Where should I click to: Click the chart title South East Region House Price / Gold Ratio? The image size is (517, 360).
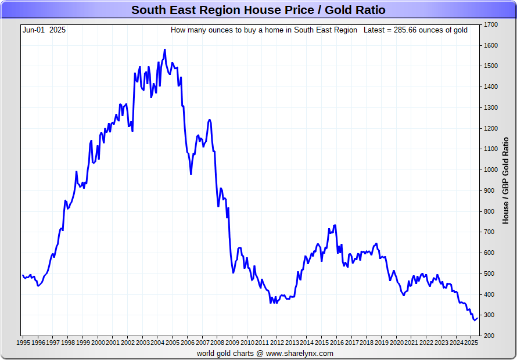pos(258,10)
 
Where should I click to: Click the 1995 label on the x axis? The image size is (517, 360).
pos(23,343)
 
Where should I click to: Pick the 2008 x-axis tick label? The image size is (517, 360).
pos(218,343)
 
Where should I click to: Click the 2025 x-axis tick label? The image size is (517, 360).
pos(471,343)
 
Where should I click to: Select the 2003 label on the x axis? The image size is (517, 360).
pos(143,343)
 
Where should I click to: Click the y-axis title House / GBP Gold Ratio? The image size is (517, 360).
pos(505,180)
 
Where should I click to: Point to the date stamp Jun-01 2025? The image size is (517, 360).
pos(44,30)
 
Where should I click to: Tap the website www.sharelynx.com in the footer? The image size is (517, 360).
pos(300,353)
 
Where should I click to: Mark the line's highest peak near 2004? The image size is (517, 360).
pos(165,50)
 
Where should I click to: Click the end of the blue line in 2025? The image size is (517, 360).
pos(477,317)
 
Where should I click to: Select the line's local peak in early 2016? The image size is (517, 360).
pos(335,225)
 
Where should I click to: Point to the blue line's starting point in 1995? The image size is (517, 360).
pos(23,275)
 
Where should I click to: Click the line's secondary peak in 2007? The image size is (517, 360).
pos(209,120)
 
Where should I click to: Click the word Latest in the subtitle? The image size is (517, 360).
pos(375,30)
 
